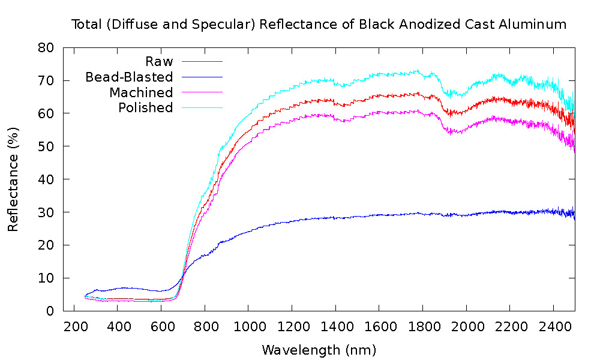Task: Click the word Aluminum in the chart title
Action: (x=535, y=25)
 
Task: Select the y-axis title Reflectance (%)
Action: (x=13, y=179)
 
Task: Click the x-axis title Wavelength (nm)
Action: (x=319, y=349)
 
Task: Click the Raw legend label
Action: (x=159, y=61)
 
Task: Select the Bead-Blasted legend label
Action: (x=129, y=77)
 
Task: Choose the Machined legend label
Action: (x=141, y=92)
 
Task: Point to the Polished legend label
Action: (x=145, y=108)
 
